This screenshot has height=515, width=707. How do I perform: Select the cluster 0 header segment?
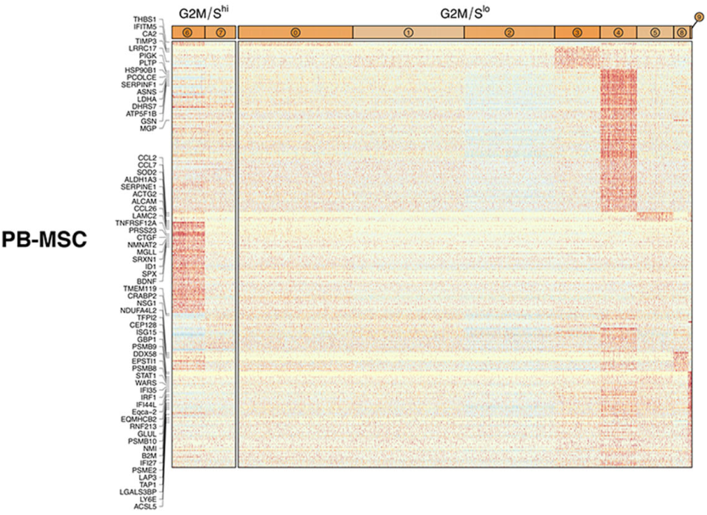(295, 31)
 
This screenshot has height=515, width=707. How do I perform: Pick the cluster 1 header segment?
(408, 31)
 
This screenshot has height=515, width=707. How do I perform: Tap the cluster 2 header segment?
(509, 31)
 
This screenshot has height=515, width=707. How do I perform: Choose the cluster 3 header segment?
(577, 31)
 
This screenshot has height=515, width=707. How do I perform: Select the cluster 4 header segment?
(618, 31)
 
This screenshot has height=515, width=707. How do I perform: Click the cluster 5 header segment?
(654, 31)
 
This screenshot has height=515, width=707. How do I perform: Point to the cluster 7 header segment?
(220, 31)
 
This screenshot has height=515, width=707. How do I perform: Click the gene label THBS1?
(144, 17)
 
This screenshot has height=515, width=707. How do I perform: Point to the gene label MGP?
(149, 129)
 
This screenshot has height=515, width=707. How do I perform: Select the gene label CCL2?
(146, 158)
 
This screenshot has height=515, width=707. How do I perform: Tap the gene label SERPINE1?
(139, 187)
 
